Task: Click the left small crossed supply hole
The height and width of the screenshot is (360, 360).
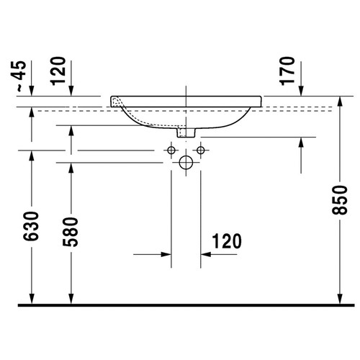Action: [x=171, y=150]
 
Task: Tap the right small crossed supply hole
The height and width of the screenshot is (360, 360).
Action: [x=200, y=150]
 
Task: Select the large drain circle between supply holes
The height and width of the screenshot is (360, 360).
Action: [x=186, y=163]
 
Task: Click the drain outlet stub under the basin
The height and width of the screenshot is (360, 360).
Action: [x=186, y=132]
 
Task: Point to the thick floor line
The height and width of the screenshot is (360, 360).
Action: [x=180, y=305]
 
